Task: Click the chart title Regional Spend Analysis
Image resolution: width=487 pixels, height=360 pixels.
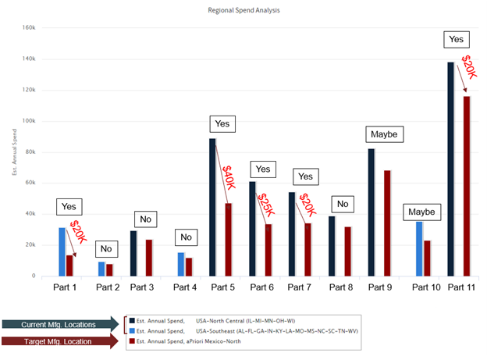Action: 244,11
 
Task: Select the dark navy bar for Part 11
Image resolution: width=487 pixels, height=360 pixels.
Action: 451,169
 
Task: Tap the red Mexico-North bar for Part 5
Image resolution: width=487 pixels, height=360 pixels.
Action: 229,239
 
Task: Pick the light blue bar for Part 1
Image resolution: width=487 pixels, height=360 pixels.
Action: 62,251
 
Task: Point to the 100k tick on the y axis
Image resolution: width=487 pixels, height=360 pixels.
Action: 30,121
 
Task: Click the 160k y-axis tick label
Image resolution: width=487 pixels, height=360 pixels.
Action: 30,28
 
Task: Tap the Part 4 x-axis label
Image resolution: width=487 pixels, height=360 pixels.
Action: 185,288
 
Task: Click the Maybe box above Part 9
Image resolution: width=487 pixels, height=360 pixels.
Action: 384,134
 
